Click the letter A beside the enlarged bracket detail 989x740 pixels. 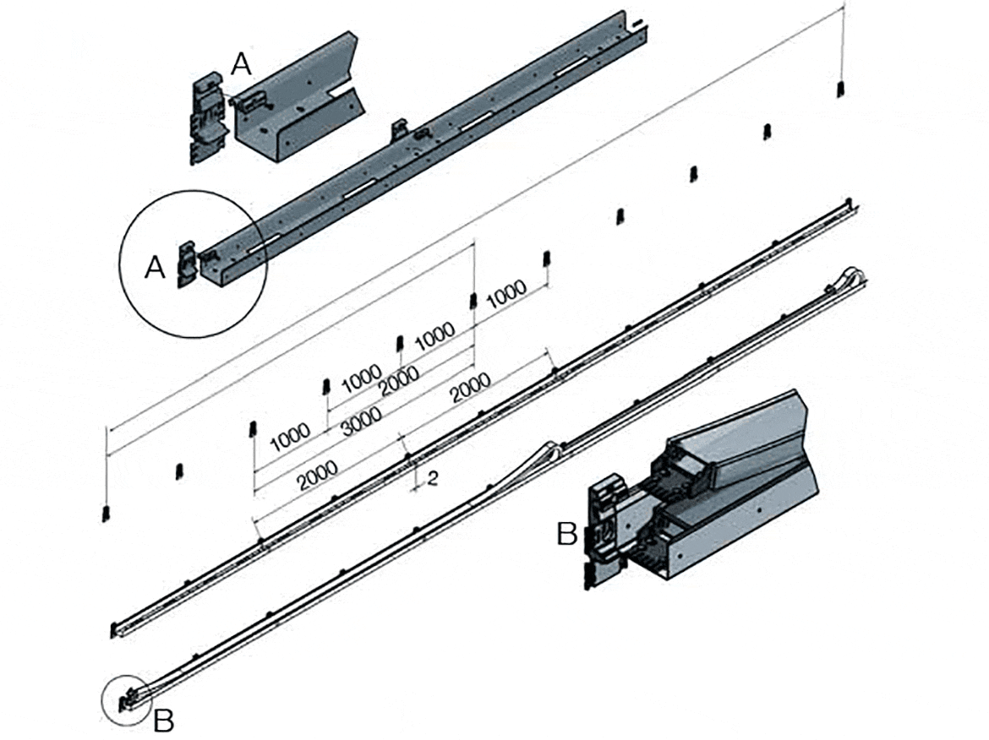coord(242,63)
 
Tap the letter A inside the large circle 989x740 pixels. coord(155,267)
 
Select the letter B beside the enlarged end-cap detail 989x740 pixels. coord(566,534)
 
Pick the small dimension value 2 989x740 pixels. coord(432,479)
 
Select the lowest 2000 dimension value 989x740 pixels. coord(317,478)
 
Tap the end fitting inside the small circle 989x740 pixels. coord(128,700)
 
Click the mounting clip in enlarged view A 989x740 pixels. coord(208,118)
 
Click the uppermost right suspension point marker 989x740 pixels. coord(840,89)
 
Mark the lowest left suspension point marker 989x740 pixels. coord(106,513)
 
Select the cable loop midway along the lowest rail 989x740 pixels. coord(550,449)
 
